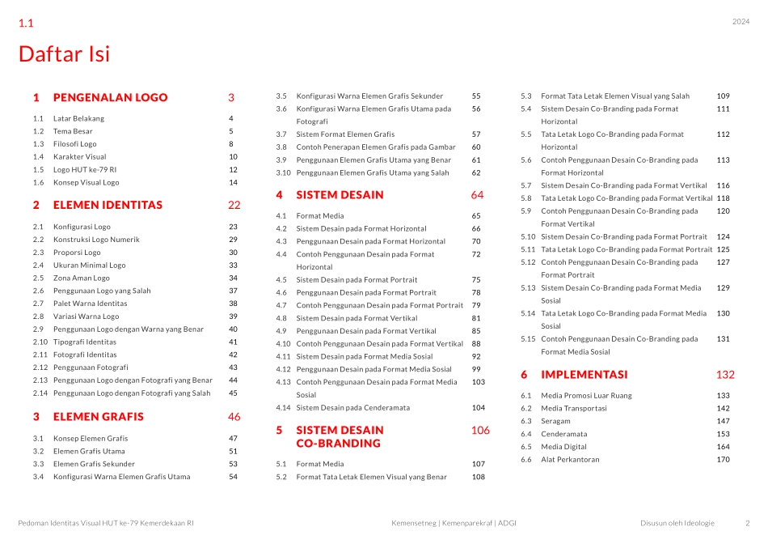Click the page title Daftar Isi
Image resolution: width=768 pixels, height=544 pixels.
(64, 54)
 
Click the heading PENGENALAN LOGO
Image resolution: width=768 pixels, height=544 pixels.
(110, 98)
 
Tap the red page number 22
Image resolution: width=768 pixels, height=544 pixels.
(234, 206)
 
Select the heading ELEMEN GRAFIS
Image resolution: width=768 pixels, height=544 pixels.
(98, 417)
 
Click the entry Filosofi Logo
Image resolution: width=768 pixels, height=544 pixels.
(74, 144)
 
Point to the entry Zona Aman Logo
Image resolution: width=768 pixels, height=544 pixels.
(81, 278)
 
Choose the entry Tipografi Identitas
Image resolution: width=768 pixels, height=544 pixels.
(85, 342)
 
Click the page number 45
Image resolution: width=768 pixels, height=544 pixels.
(233, 393)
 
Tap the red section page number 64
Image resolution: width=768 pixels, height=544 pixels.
(477, 195)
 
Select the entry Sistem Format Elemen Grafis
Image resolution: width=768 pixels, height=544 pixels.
(345, 134)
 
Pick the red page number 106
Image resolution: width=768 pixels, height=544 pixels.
(480, 431)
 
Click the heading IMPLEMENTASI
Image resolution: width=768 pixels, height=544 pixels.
(584, 375)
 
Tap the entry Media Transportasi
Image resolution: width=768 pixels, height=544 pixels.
(573, 409)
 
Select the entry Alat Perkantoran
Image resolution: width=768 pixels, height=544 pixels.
(569, 460)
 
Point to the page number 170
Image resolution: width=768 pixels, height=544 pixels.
(723, 460)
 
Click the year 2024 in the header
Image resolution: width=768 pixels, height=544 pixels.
(741, 22)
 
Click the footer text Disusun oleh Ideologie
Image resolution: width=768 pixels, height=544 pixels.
(677, 523)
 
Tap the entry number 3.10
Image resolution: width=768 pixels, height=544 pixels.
(283, 172)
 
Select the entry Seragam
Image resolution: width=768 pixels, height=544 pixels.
(555, 422)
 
